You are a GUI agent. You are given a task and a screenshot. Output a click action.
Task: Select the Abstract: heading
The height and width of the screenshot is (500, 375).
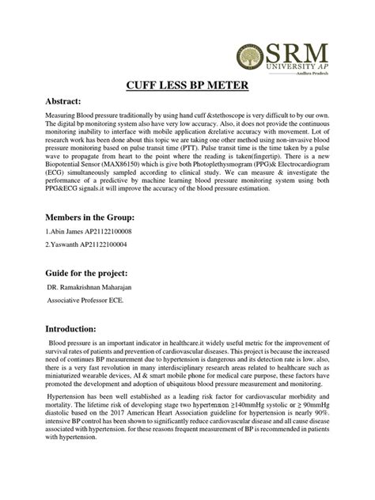coord(54,102)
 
